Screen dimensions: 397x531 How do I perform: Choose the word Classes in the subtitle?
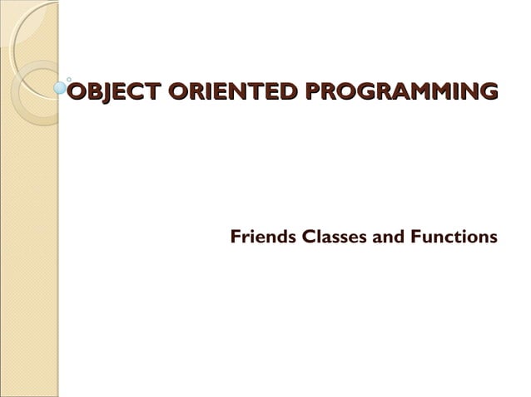click(334, 238)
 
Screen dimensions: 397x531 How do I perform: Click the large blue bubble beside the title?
click(60, 86)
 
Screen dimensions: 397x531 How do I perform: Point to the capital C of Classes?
click(309, 238)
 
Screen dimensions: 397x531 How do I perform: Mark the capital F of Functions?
click(416, 238)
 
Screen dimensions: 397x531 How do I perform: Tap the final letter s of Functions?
click(494, 238)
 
